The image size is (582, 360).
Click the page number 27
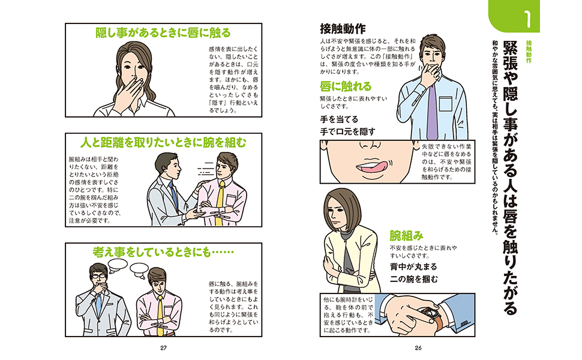pyautogui.click(x=163, y=348)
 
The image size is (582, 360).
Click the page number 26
pyautogui.click(x=418, y=348)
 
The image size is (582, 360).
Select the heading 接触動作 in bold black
pyautogui.click(x=343, y=29)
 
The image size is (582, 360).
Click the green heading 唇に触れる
pyautogui.click(x=346, y=86)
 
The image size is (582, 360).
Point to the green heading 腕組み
pyautogui.click(x=406, y=236)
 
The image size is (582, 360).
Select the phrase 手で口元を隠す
pyautogui.click(x=348, y=132)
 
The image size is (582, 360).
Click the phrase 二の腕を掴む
pyautogui.click(x=413, y=279)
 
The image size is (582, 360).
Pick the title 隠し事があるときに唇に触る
pyautogui.click(x=163, y=32)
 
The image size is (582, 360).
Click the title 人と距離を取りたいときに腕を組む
pyautogui.click(x=163, y=143)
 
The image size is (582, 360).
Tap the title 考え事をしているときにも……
pyautogui.click(x=163, y=253)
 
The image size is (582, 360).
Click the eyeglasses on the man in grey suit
pyautogui.click(x=99, y=276)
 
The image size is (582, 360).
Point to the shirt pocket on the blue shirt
pyautogui.click(x=445, y=104)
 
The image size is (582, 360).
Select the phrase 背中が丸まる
pyautogui.click(x=413, y=267)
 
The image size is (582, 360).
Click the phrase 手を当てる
pyautogui.click(x=339, y=119)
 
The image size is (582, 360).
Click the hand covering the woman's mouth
pyautogui.click(x=128, y=92)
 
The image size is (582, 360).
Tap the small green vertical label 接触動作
pyautogui.click(x=529, y=52)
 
